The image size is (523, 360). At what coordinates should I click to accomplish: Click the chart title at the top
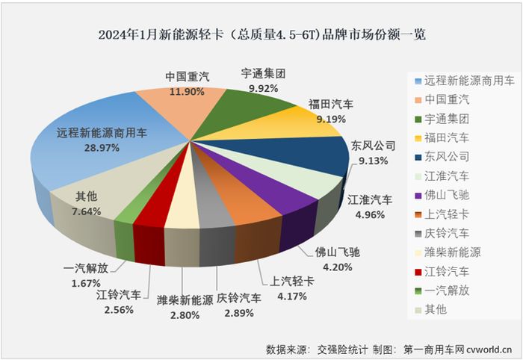pyautogui.click(x=261, y=34)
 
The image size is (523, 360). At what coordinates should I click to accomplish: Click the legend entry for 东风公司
pyautogui.click(x=447, y=157)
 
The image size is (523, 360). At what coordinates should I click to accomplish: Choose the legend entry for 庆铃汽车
pyautogui.click(x=447, y=232)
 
